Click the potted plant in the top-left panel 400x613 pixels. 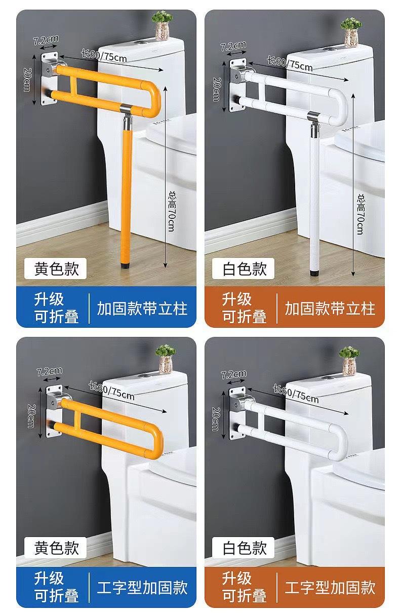[x=162, y=26]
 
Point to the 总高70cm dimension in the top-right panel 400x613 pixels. [x=360, y=213]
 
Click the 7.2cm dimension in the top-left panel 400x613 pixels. [x=46, y=39]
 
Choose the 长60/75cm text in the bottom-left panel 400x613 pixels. [x=111, y=389]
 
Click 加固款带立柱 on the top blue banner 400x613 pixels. [x=142, y=308]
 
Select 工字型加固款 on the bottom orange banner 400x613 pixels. [x=330, y=588]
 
